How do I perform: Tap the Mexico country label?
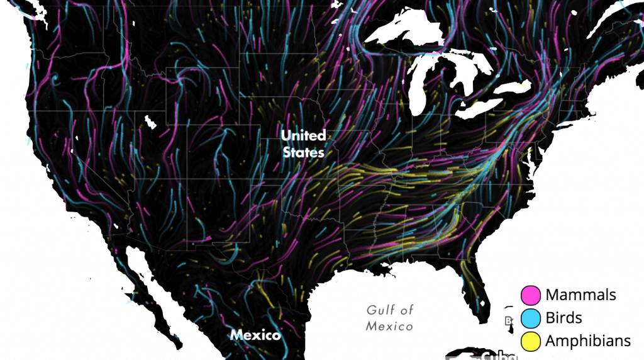(255, 335)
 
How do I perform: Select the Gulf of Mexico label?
(390, 318)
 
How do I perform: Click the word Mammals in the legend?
(580, 295)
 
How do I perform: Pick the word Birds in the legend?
(563, 318)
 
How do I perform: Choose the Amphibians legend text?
(587, 341)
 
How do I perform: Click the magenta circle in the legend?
(531, 295)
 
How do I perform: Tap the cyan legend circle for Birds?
(531, 318)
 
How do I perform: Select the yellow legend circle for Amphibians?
(531, 341)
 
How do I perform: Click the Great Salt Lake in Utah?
(150, 121)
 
